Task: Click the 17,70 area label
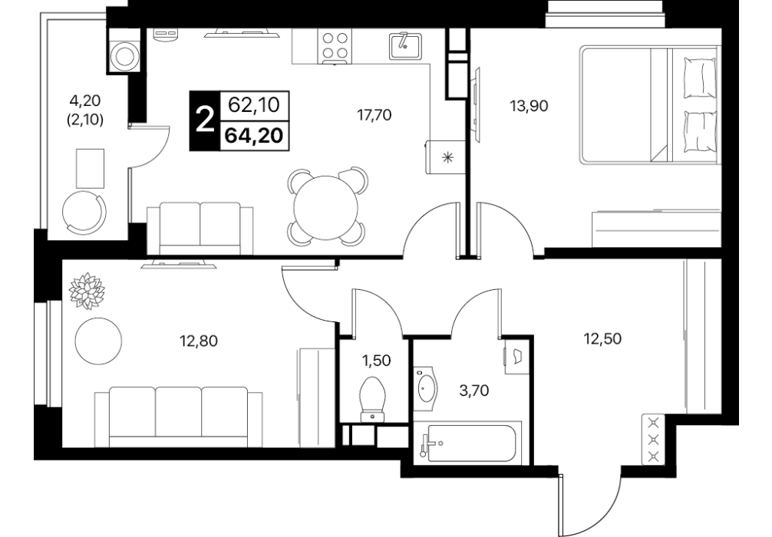tap(374, 115)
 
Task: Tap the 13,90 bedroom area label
tap(530, 106)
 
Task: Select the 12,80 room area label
tap(199, 341)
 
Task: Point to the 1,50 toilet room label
tap(376, 361)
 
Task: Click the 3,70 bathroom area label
tap(473, 390)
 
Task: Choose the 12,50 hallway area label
tap(602, 338)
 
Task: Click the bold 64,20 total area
tap(254, 135)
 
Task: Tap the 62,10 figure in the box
tap(254, 105)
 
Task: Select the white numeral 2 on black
tap(205, 120)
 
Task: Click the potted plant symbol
tap(87, 291)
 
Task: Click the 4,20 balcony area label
tap(85, 100)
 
